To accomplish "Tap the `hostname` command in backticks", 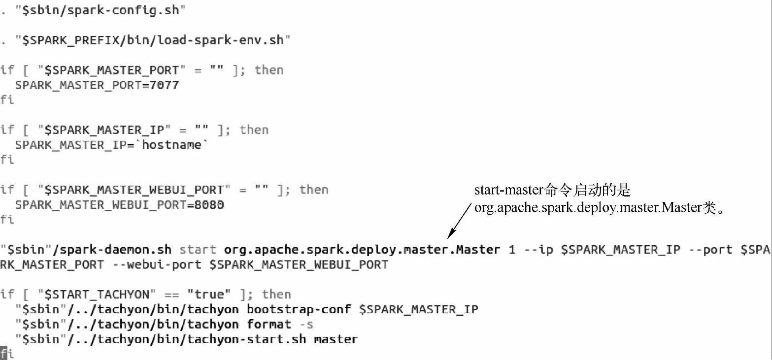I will (x=172, y=145).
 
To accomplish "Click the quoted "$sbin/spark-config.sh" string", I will (x=100, y=10).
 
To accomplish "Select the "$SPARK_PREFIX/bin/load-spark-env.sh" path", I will (x=153, y=40).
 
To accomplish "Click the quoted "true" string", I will (x=209, y=295).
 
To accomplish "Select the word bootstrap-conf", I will (x=299, y=309).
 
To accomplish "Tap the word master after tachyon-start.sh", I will (x=336, y=339).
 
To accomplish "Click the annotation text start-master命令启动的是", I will (x=552, y=191).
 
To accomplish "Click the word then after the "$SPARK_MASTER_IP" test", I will (x=254, y=130).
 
